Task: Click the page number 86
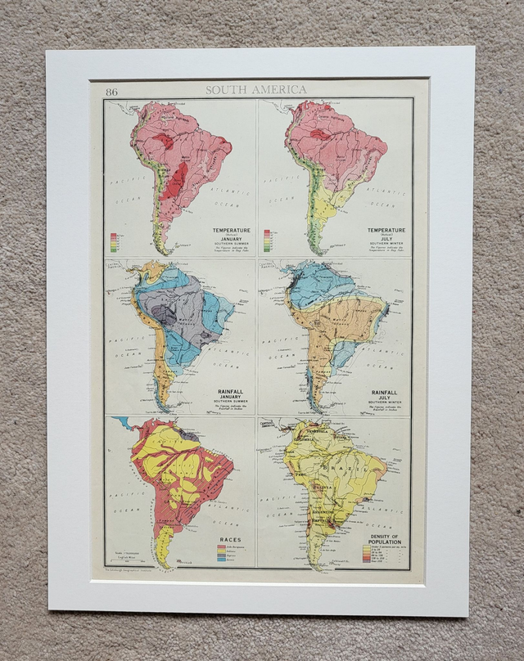[x=111, y=92]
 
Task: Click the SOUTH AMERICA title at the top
[x=256, y=90]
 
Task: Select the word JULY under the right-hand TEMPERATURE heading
[x=386, y=242]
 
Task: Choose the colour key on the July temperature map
[x=268, y=241]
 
